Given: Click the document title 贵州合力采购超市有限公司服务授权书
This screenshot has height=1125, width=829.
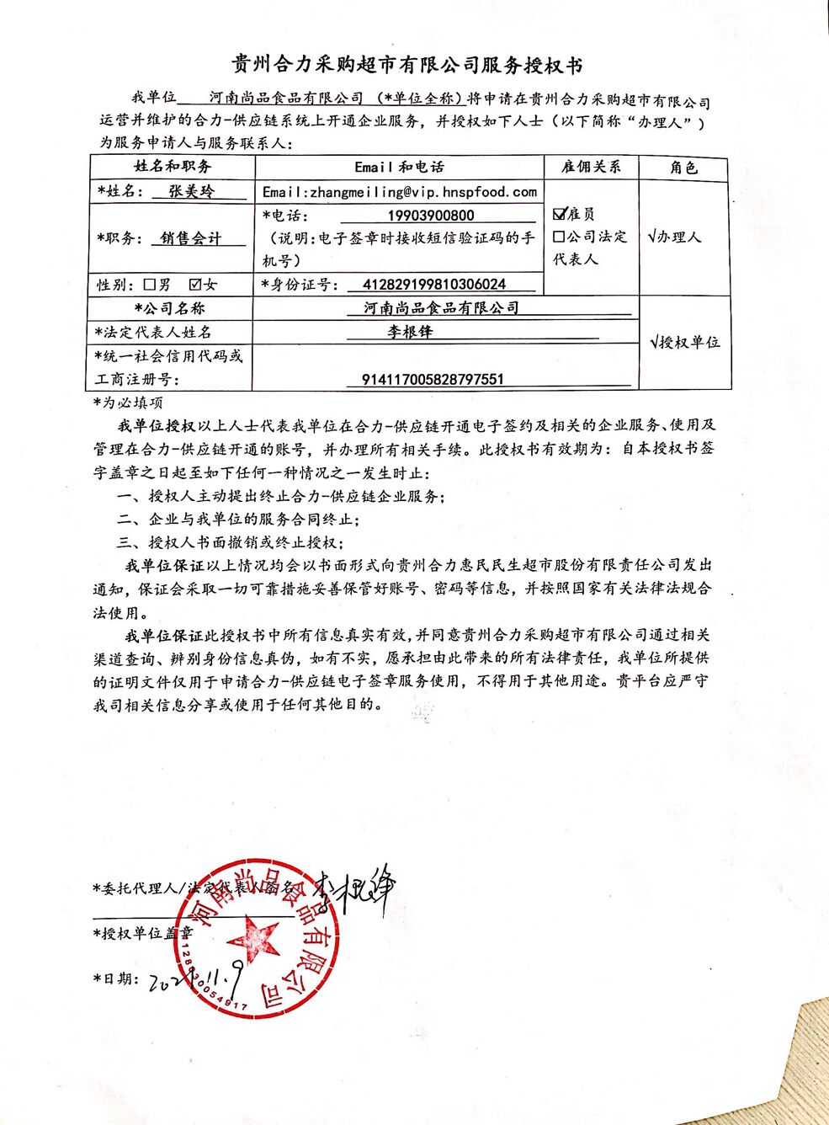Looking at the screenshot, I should [407, 64].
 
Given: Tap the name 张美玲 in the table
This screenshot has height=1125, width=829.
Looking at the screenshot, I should [192, 191].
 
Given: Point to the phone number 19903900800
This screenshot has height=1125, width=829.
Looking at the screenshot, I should [431, 216].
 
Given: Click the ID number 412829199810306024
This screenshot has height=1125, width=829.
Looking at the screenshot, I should [433, 285].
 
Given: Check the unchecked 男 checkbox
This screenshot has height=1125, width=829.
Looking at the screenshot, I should [151, 285].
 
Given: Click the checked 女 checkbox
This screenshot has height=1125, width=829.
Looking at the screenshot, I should [195, 285].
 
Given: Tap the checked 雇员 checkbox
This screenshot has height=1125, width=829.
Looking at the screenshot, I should [560, 214].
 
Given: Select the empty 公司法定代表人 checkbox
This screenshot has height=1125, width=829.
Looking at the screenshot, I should [559, 237].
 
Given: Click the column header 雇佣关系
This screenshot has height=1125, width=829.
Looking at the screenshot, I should [591, 167].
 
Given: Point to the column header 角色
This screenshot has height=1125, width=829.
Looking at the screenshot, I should [683, 167].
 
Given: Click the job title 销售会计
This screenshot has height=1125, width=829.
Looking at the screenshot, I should [191, 238].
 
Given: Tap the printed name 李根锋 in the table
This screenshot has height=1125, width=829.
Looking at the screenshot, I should [410, 332].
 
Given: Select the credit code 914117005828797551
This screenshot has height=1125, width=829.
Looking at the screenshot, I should [433, 379].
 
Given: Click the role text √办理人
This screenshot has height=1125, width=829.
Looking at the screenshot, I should [674, 237].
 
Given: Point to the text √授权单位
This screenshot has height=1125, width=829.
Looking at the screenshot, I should [685, 342].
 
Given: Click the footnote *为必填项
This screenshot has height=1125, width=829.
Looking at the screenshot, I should [128, 403].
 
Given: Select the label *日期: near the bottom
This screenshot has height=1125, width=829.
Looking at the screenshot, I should [114, 978].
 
